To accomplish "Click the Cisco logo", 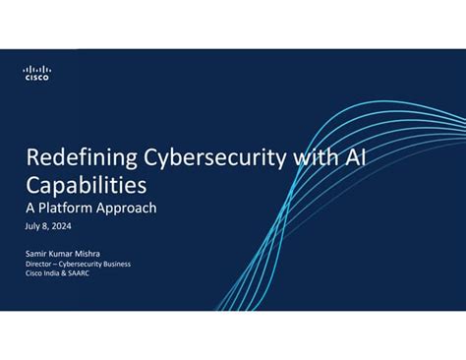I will point(36,72).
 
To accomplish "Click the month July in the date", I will point(32,226).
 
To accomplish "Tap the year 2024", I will point(60,226).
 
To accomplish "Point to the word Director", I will point(39,264).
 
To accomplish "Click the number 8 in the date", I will point(44,226).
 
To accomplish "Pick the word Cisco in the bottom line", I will point(32,273).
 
